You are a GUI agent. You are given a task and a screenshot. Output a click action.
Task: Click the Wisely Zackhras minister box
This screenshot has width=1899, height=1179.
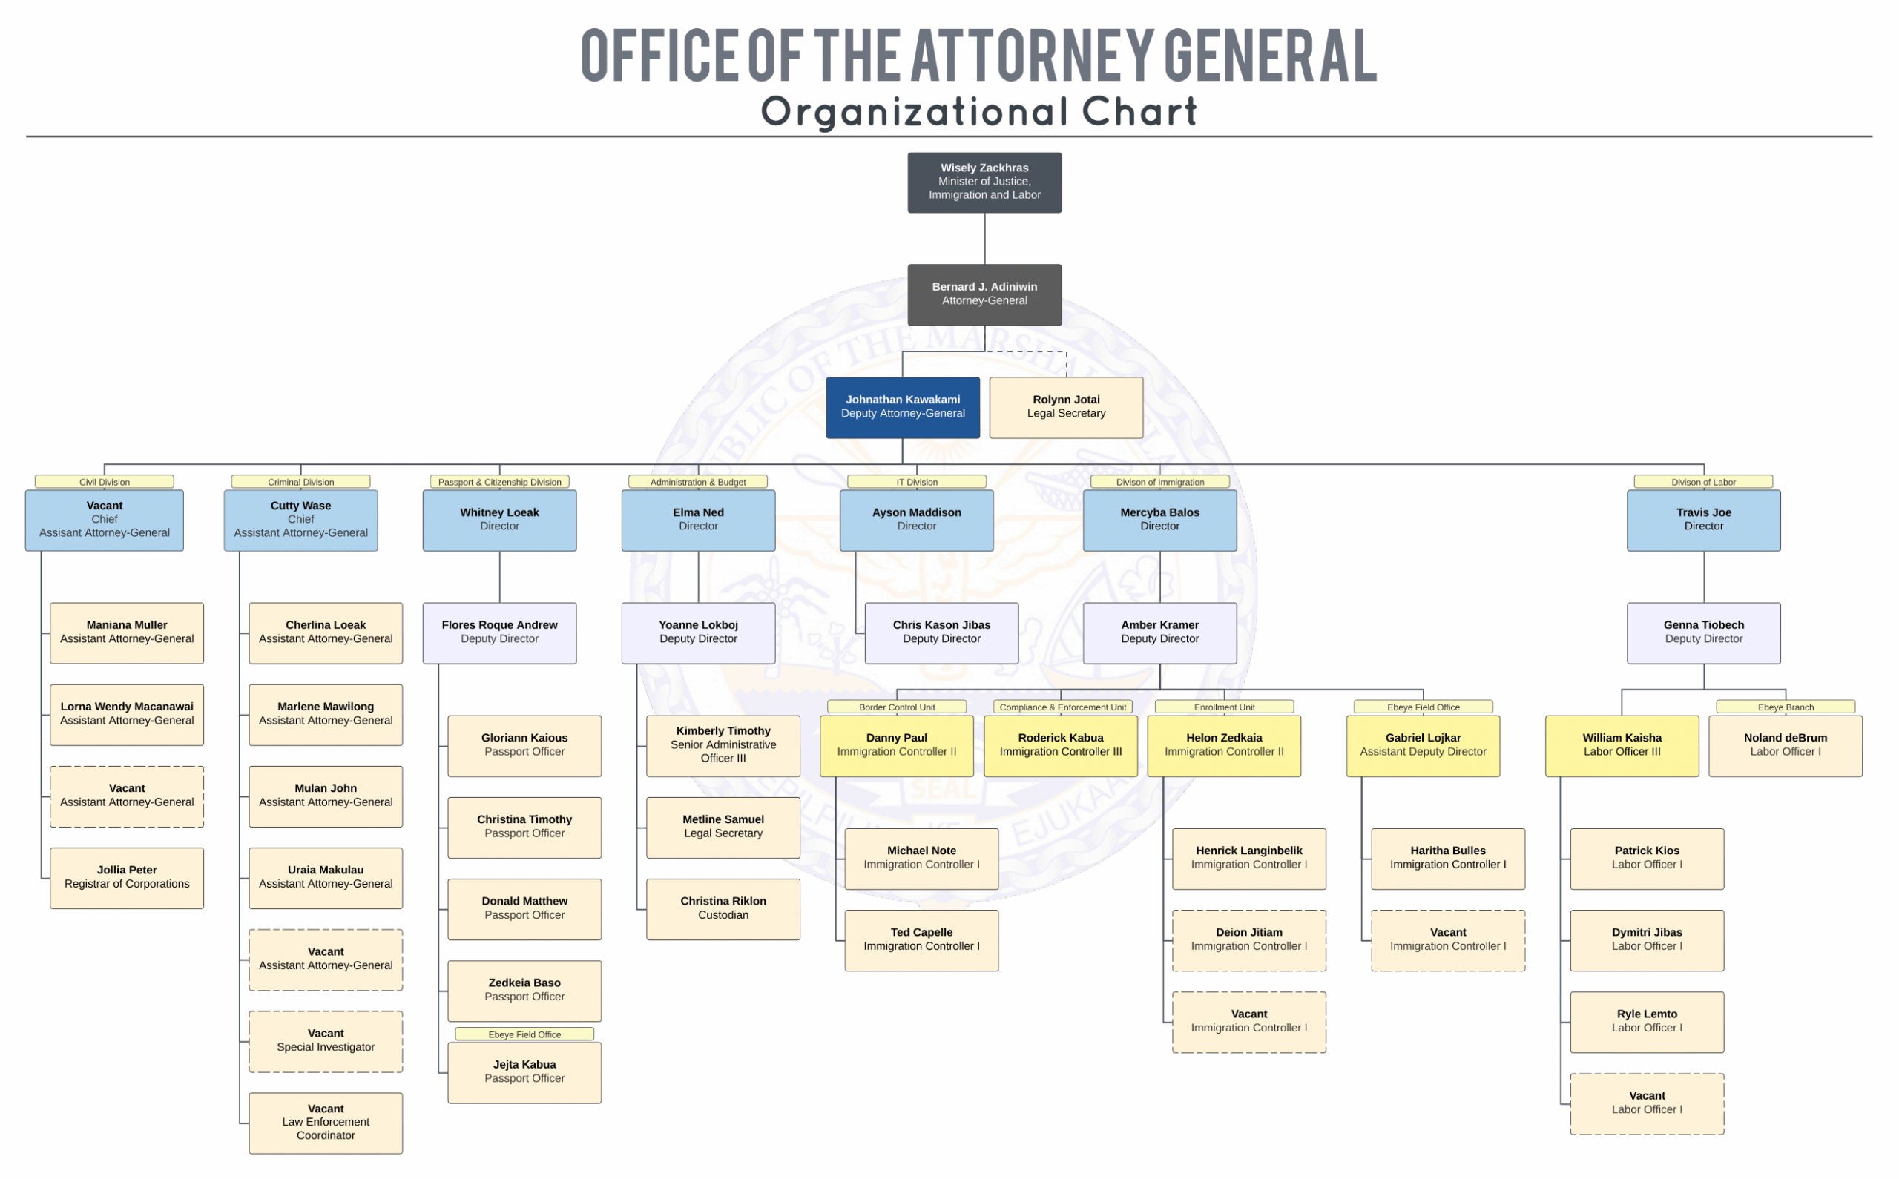(x=984, y=182)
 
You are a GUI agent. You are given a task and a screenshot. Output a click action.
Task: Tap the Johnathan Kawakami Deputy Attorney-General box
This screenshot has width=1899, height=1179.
(x=902, y=407)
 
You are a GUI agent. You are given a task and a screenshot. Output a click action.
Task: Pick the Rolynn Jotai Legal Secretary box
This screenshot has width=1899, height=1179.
(x=1066, y=407)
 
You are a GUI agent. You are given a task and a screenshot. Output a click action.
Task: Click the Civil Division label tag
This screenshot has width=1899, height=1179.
(x=105, y=482)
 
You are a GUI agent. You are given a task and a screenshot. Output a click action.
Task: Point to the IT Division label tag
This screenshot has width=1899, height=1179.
(x=916, y=482)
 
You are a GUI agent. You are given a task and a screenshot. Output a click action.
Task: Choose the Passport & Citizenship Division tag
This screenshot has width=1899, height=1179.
(x=499, y=482)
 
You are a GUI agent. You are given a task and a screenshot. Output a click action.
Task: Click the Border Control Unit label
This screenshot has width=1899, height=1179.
(x=897, y=707)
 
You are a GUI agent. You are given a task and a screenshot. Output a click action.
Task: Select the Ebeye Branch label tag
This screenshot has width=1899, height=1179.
(x=1786, y=707)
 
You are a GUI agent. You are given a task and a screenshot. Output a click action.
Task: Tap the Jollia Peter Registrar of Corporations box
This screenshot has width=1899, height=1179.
(x=127, y=877)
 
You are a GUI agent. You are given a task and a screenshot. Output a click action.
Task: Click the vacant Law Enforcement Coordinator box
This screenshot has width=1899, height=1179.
(x=326, y=1122)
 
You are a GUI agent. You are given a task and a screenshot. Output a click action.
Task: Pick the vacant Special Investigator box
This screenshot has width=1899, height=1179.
(x=326, y=1041)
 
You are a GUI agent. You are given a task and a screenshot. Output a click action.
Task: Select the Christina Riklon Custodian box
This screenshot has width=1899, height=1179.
(x=723, y=908)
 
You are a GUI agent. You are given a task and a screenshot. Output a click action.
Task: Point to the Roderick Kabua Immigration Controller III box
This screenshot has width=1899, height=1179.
(x=1061, y=745)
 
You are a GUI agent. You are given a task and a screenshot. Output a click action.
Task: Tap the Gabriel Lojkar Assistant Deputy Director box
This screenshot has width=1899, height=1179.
(x=1423, y=745)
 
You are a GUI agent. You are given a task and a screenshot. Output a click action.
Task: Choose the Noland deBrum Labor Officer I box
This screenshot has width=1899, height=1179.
(x=1786, y=745)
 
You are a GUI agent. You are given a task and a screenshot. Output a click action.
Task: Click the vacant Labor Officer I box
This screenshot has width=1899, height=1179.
(x=1646, y=1103)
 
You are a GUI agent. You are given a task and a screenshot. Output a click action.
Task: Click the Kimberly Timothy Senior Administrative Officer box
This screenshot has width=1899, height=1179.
(x=723, y=745)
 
